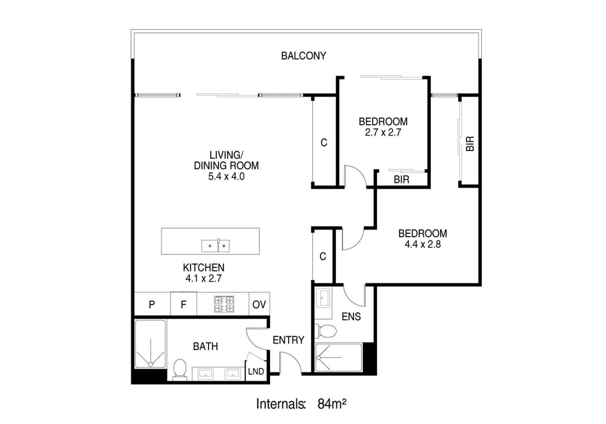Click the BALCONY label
(303, 56)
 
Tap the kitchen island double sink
(215, 246)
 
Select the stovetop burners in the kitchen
(224, 304)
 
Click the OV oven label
(259, 305)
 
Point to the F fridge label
(183, 305)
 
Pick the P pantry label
(152, 305)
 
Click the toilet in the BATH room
(180, 369)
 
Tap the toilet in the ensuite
(327, 331)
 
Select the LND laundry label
(256, 371)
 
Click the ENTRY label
(288, 340)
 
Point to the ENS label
(351, 316)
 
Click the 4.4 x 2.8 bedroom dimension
(423, 245)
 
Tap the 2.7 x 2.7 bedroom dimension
(383, 133)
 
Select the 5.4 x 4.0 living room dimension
(226, 177)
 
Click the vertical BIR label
(470, 144)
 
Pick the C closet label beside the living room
(324, 143)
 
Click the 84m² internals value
(332, 404)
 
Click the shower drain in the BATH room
(150, 364)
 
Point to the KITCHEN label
(204, 268)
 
